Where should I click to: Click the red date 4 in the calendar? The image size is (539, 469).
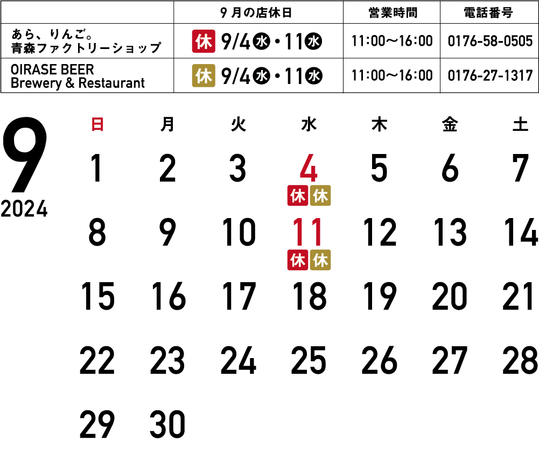[x=309, y=169]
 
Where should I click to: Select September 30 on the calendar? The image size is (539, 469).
[x=167, y=424]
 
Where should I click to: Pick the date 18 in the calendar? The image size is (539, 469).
[x=309, y=297]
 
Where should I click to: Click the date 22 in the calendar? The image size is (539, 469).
[x=97, y=361]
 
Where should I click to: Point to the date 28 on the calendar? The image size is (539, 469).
[x=520, y=361]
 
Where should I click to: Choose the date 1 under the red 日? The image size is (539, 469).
[x=97, y=169]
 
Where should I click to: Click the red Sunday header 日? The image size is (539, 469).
[x=97, y=125]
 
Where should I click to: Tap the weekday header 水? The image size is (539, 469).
[x=309, y=125]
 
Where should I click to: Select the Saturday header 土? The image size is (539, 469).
[x=520, y=125]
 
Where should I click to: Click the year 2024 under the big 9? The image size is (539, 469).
[x=24, y=209]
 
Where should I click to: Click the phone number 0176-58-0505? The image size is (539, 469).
[x=490, y=41]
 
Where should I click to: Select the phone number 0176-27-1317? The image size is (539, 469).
[x=490, y=76]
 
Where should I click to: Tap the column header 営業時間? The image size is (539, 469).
[x=391, y=12]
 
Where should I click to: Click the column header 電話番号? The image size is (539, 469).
[x=489, y=12]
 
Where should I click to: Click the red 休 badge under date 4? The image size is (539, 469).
[x=297, y=196]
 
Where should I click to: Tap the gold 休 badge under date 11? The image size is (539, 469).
[x=320, y=260]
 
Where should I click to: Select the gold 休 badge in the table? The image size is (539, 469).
[x=204, y=76]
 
